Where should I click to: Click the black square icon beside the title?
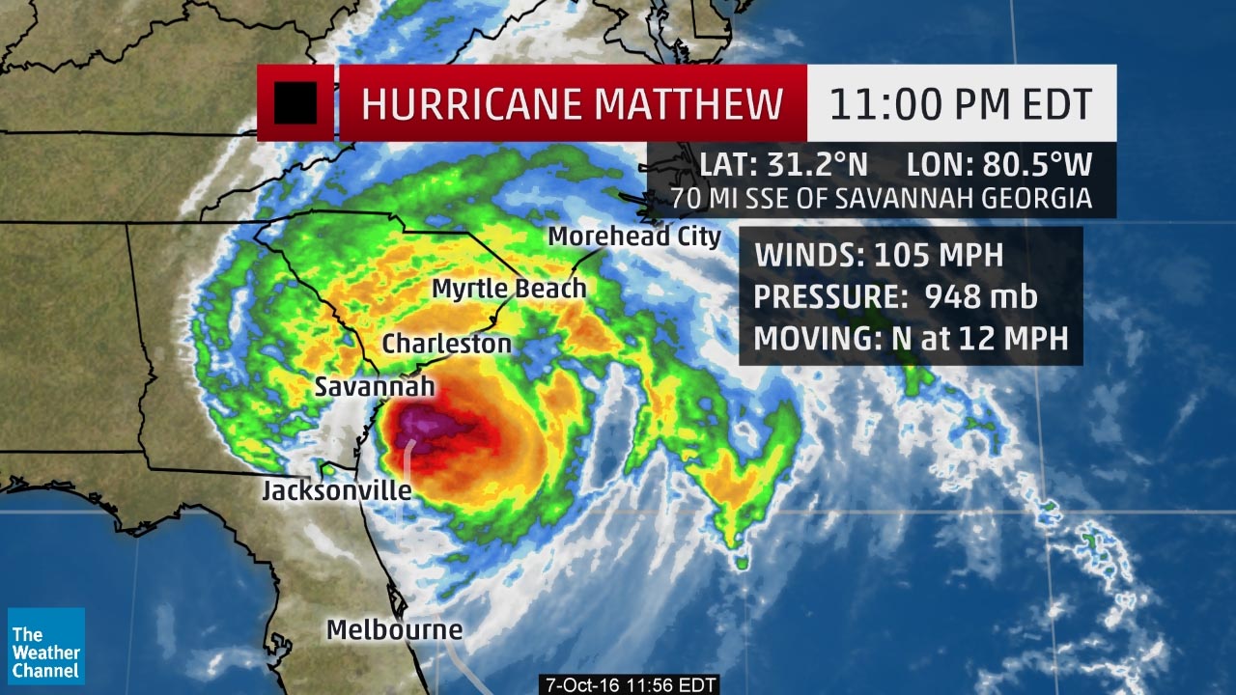click(x=295, y=103)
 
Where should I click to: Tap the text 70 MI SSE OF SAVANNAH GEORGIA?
click(x=882, y=199)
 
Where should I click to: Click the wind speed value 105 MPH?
click(x=939, y=256)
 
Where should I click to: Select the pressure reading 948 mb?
click(x=980, y=297)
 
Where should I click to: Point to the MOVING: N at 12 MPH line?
click(x=911, y=339)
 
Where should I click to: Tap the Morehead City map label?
click(x=634, y=236)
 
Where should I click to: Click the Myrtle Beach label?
click(x=509, y=289)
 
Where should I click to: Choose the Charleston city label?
click(x=446, y=344)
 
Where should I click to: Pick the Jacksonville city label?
click(x=337, y=491)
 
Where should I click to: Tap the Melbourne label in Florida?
click(x=394, y=630)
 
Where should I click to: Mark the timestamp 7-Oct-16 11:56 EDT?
click(x=629, y=684)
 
